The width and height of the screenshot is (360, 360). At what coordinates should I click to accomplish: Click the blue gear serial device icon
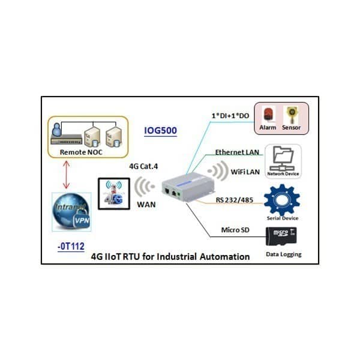pos(281,199)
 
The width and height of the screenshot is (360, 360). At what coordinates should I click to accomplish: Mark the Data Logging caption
pos(284,254)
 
